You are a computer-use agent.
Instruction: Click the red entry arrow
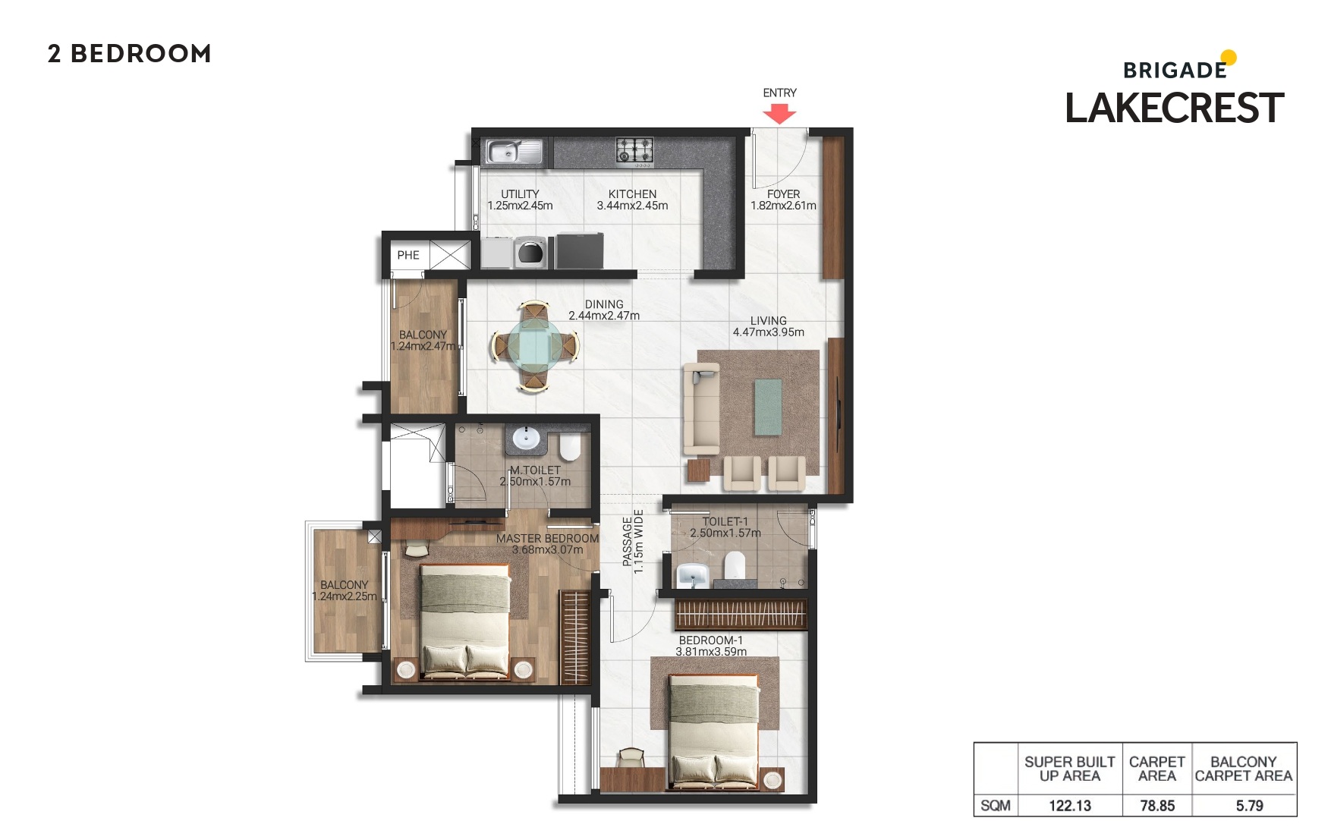click(779, 114)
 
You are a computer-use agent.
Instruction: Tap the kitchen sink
click(514, 152)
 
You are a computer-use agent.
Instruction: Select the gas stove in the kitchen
click(634, 150)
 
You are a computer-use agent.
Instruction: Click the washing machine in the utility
click(531, 252)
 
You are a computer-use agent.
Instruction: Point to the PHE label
click(408, 255)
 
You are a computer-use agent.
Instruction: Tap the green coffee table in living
click(768, 407)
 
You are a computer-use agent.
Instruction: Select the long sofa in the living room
click(701, 407)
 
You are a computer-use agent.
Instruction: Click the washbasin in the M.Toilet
click(525, 439)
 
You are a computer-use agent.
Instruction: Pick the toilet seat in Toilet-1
click(735, 565)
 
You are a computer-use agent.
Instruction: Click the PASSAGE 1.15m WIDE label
click(633, 541)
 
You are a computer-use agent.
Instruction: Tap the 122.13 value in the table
click(1069, 806)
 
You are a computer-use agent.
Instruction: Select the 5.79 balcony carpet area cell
click(1249, 806)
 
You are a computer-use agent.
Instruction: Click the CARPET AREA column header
click(1156, 769)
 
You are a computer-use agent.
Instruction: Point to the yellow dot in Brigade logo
click(1229, 58)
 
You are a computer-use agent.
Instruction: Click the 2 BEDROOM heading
click(130, 54)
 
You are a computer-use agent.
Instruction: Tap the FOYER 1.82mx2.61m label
click(783, 200)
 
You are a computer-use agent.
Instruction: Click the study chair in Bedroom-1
click(631, 758)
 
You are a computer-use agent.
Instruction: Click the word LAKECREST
click(1174, 108)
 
